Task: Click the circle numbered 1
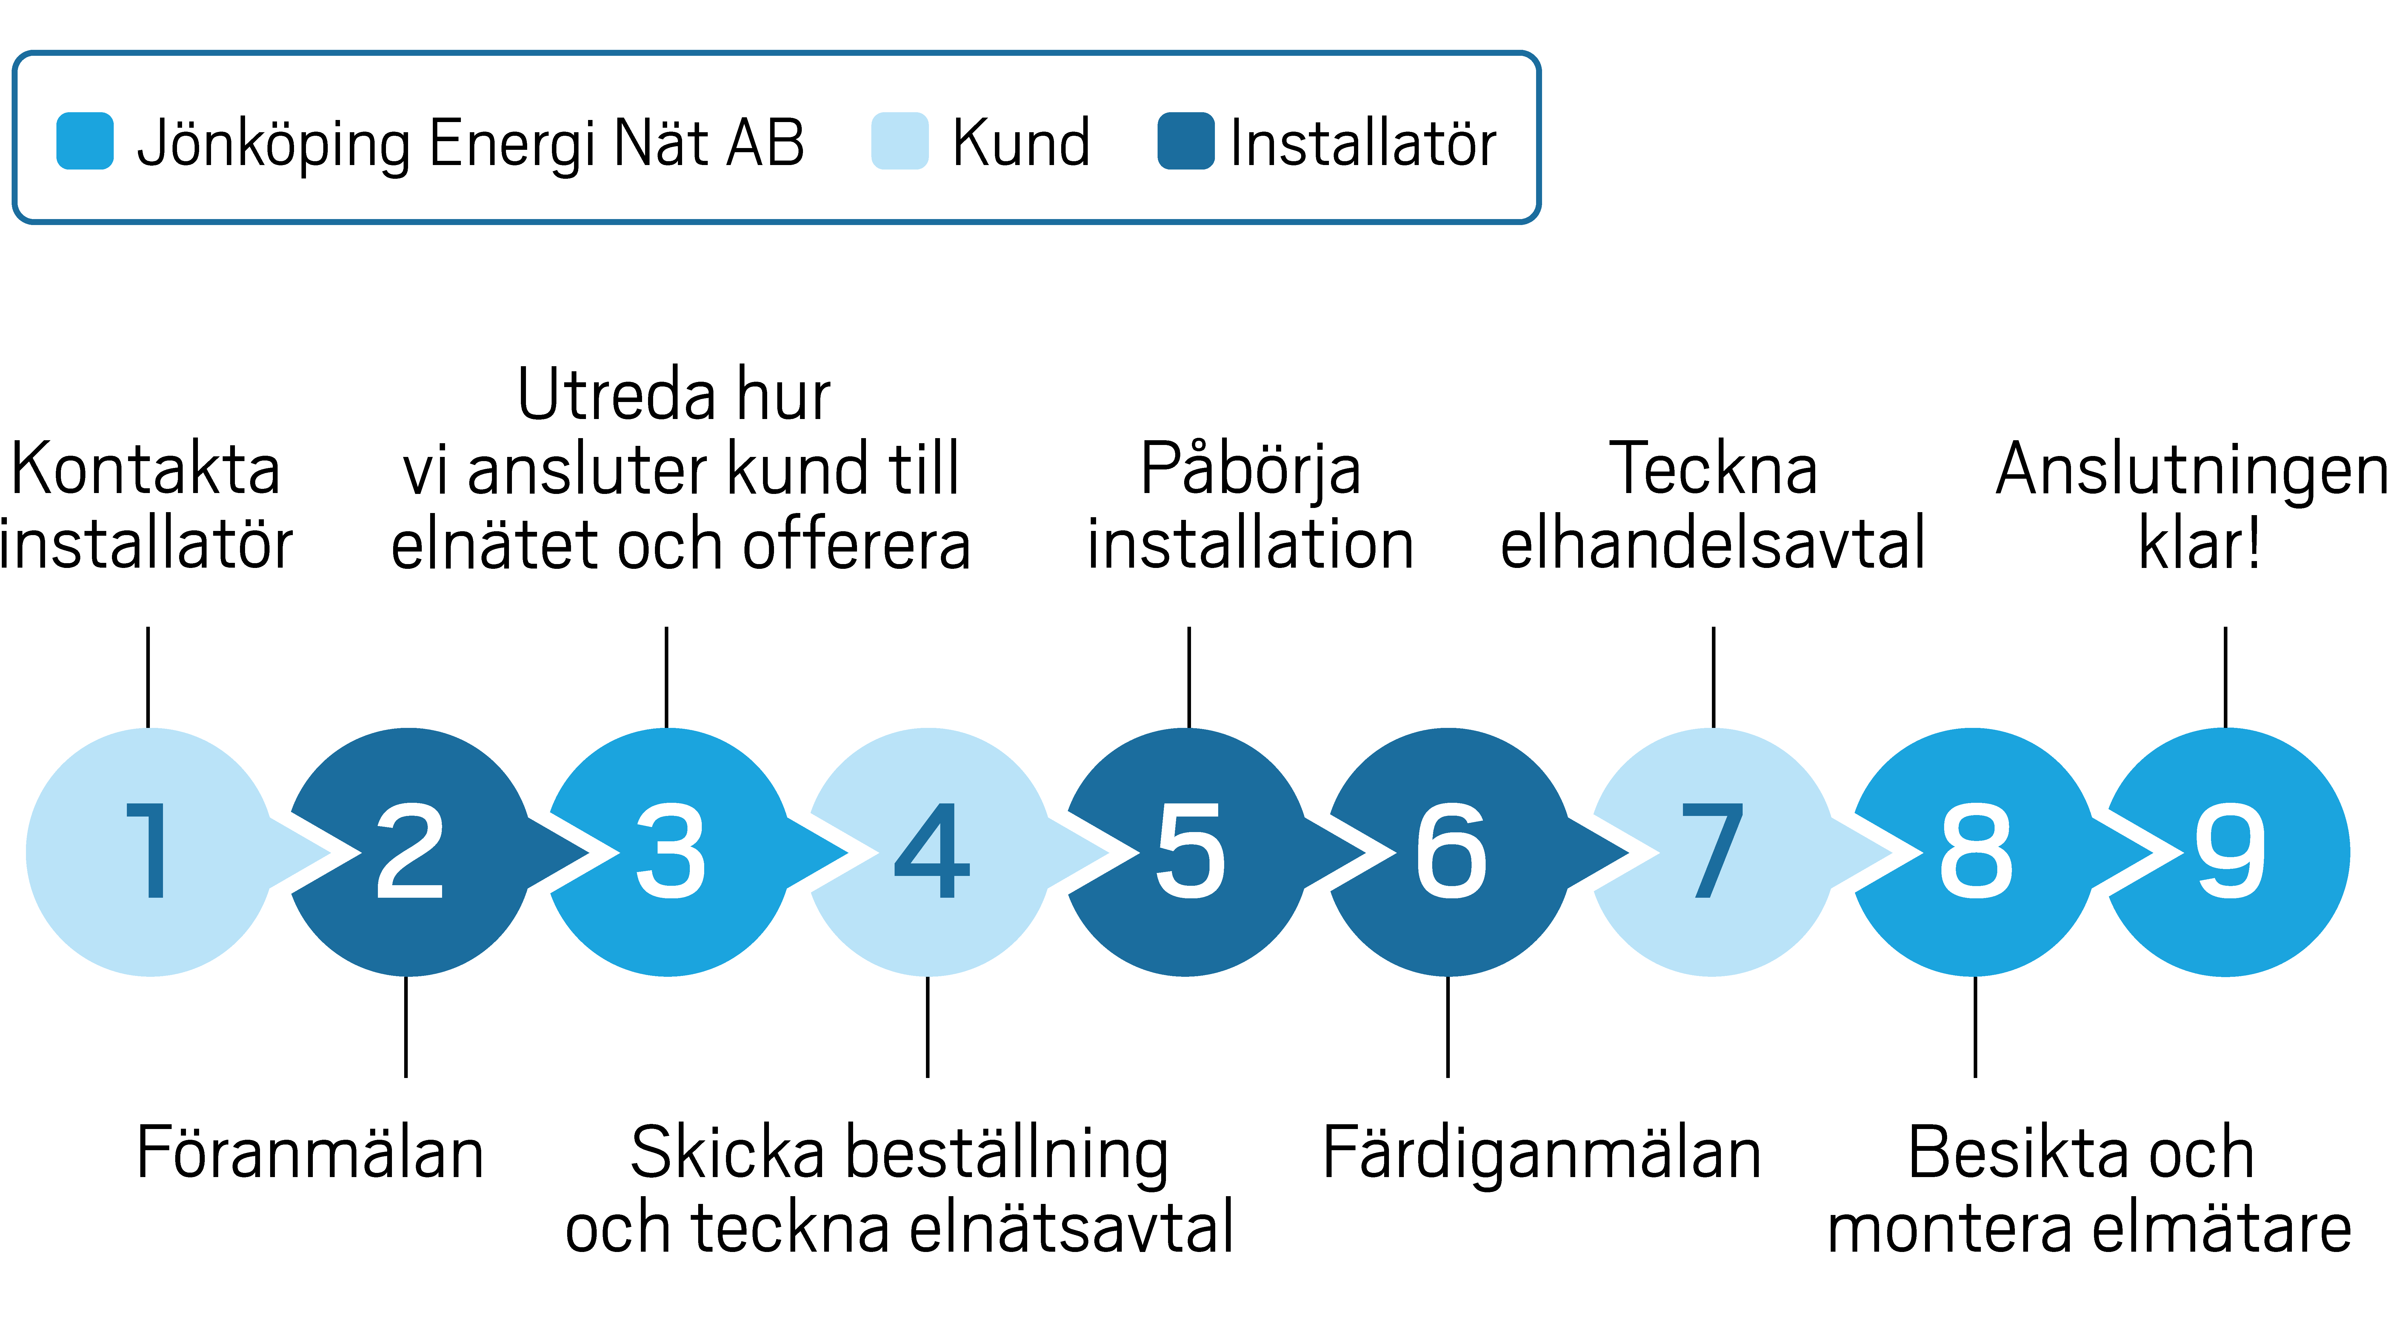tap(148, 852)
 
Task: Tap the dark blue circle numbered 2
tap(409, 852)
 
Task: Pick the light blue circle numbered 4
tap(930, 852)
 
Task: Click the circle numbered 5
tap(1188, 852)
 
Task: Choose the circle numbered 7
tap(1711, 852)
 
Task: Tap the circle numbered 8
tap(1974, 852)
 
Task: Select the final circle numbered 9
tap(2229, 852)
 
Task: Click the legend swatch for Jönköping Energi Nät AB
tap(85, 141)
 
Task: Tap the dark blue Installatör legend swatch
tap(1186, 141)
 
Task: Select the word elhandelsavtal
tap(1712, 544)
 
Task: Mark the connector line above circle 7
tap(1713, 677)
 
